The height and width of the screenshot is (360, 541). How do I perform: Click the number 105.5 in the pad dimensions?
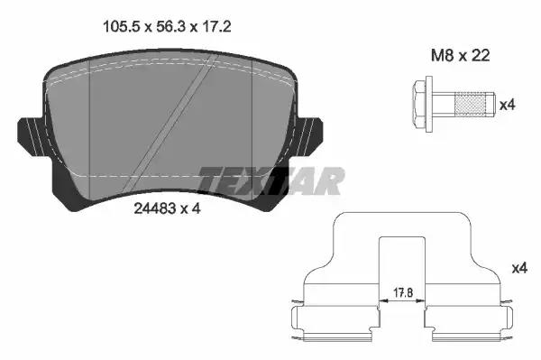(122, 26)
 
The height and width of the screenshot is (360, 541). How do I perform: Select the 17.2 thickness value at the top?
(216, 26)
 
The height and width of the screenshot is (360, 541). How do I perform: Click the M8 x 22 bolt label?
(460, 55)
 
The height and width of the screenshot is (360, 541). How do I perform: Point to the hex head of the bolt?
(419, 104)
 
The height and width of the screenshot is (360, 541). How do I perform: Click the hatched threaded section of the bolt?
(470, 104)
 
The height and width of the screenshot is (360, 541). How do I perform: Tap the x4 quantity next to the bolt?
(508, 105)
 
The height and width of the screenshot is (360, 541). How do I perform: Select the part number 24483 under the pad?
(155, 208)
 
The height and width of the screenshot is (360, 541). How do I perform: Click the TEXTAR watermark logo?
(271, 180)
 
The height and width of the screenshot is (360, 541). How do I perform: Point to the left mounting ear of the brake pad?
(30, 136)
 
